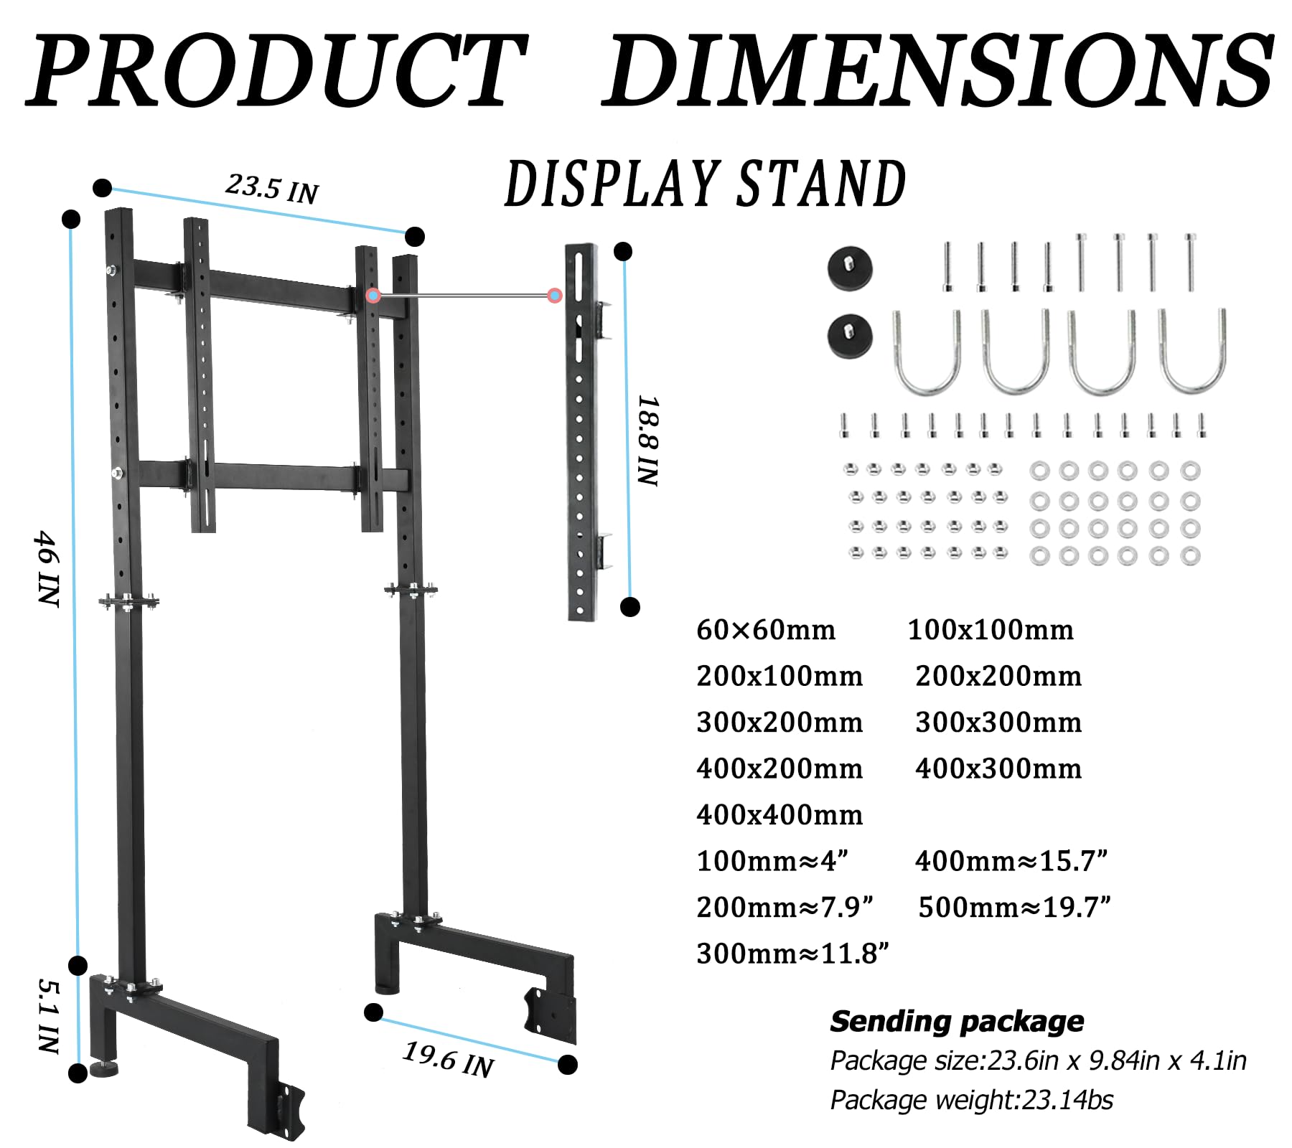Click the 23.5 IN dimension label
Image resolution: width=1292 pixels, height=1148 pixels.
point(272,189)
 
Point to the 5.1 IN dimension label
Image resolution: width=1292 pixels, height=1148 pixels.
point(48,1016)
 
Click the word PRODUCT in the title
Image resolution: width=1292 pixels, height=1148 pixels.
point(277,71)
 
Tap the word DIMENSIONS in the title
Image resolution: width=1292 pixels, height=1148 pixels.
point(937,71)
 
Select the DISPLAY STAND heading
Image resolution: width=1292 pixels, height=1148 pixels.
point(706,184)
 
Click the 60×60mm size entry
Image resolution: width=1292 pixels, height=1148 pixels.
point(766,630)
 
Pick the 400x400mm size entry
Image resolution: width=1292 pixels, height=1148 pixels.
point(780,815)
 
